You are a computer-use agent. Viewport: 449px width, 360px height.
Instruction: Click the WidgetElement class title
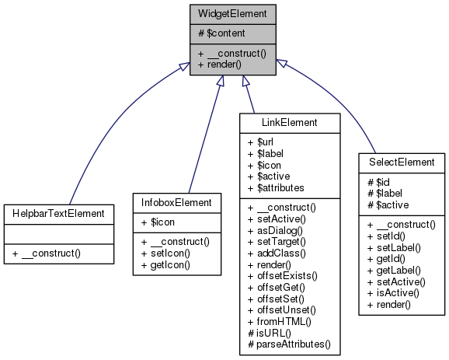click(232, 14)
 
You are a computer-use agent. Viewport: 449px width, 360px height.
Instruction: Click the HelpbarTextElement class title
click(58, 212)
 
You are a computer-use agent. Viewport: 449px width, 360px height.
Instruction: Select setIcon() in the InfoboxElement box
click(163, 253)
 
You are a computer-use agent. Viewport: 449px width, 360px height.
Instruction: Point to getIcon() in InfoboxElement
click(163, 265)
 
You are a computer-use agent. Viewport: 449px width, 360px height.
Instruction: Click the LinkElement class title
click(288, 123)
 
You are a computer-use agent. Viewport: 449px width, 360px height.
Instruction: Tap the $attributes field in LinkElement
click(276, 187)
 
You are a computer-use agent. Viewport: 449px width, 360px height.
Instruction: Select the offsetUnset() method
click(282, 309)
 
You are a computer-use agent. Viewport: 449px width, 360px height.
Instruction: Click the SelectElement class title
click(402, 162)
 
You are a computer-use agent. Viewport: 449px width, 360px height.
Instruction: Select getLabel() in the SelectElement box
click(395, 270)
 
